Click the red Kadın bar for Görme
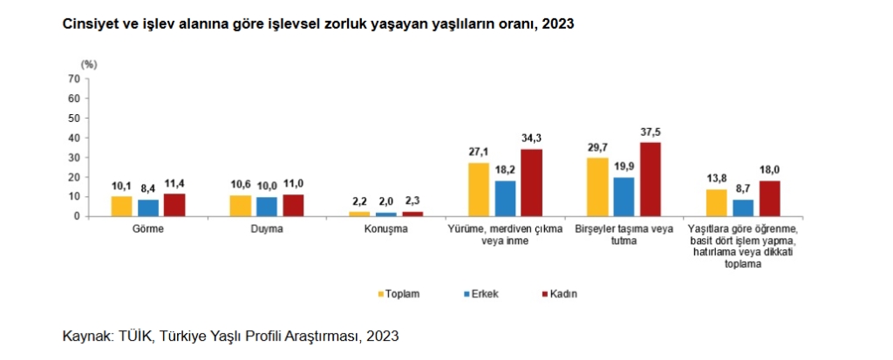[x=174, y=205]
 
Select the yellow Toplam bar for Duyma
[x=240, y=206]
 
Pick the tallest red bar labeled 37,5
[x=651, y=179]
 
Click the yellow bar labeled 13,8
[x=716, y=202]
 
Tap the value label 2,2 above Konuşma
[x=359, y=202]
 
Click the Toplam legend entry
[x=402, y=294]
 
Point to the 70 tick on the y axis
[x=74, y=78]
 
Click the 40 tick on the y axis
[x=74, y=138]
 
